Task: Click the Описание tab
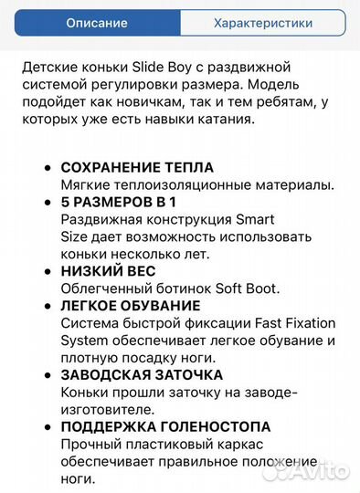pos(97,23)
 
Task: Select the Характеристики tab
pos(262,23)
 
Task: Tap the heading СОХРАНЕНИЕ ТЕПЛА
pos(137,168)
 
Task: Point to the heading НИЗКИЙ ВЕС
pos(108,271)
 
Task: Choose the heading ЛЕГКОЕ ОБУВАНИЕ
pos(131,306)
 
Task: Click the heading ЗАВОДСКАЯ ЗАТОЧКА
pos(142,374)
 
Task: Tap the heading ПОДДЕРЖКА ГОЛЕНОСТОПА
pos(165,426)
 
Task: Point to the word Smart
pos(255,220)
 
